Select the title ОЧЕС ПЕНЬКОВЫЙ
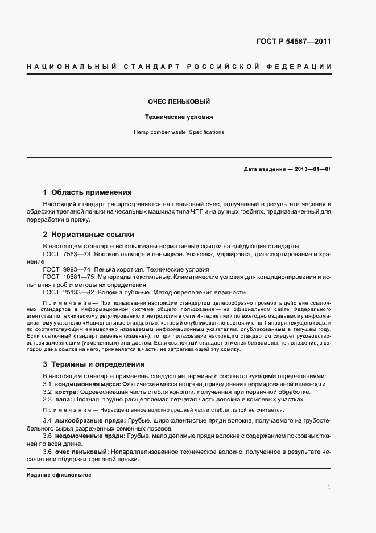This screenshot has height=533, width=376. click(180, 101)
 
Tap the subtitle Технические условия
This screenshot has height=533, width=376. click(180, 117)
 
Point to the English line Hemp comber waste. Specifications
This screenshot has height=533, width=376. click(180, 132)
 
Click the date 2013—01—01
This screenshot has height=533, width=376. click(312, 169)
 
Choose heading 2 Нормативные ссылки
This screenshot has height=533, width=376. click(88, 234)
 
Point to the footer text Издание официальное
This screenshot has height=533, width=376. click(59, 475)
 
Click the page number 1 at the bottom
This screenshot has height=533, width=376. click(329, 487)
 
